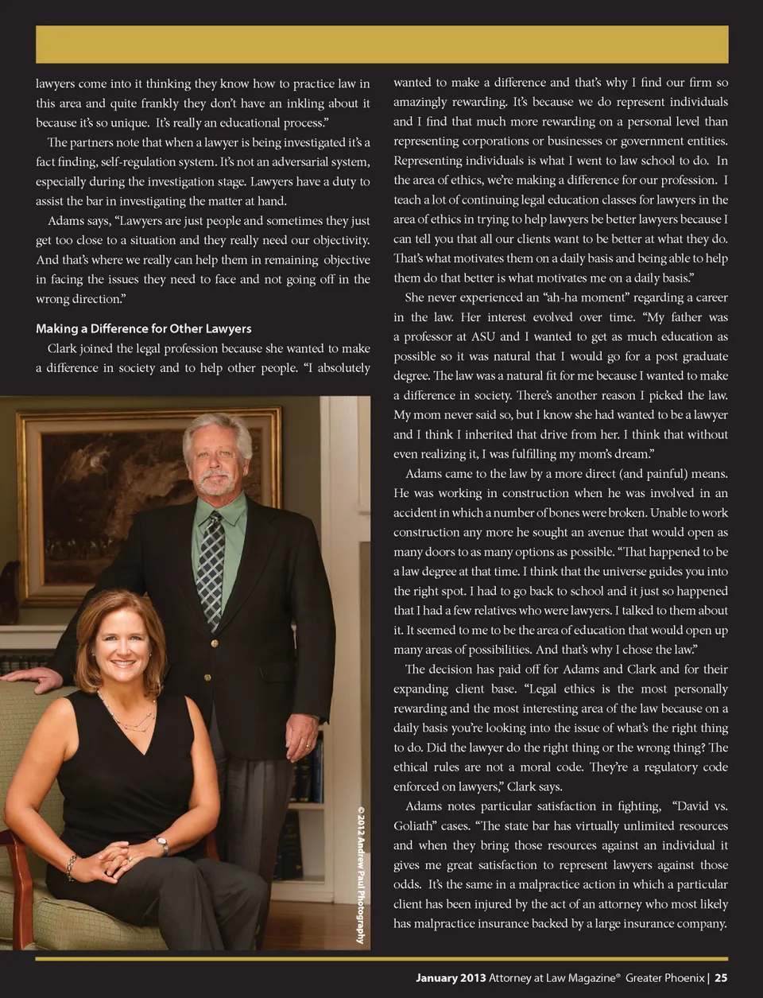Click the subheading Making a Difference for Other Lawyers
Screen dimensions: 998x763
[x=143, y=328]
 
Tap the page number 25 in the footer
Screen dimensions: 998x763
[x=721, y=978]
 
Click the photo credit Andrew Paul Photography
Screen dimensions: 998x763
[x=361, y=876]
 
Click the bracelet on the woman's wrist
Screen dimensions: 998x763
[x=72, y=867]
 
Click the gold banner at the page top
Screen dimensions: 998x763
[x=381, y=45]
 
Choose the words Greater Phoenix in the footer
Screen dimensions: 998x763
[x=664, y=978]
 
